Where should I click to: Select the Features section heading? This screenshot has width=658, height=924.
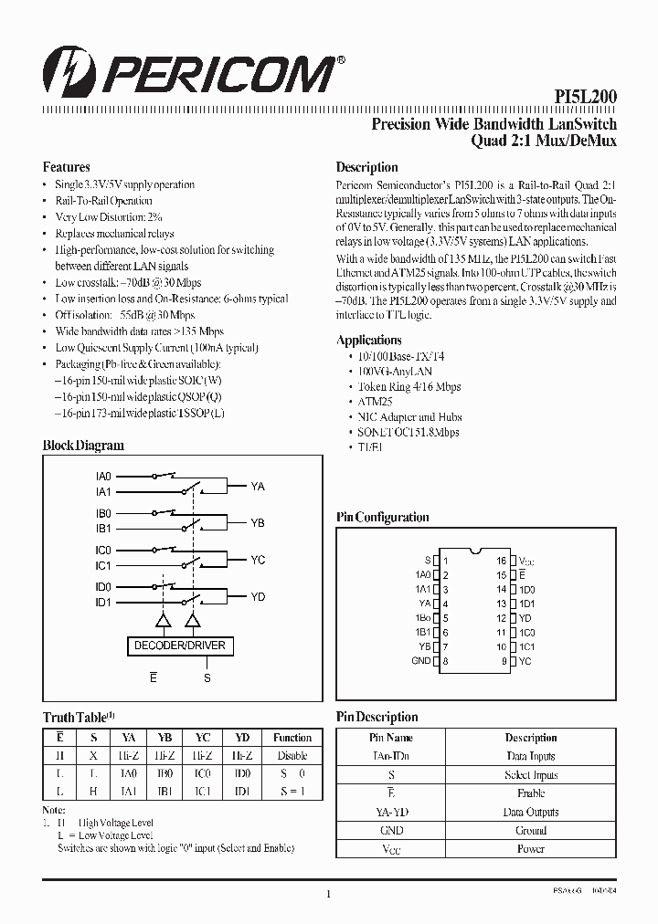coord(67,167)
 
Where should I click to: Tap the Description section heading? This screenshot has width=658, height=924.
coord(366,167)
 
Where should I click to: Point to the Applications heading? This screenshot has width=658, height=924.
coord(369,340)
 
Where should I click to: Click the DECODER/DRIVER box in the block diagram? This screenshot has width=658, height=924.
coord(179,646)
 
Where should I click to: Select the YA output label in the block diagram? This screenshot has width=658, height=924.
coord(258,487)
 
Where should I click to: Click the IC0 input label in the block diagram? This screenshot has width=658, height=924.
coord(103,551)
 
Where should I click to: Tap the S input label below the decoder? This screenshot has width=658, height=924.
coord(207,678)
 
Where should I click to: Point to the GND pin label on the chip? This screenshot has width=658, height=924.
coord(420,661)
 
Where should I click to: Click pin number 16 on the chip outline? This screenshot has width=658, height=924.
coord(502,561)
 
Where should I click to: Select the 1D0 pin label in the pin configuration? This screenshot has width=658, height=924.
coord(527,590)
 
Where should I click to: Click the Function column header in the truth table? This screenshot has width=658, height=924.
coord(292,737)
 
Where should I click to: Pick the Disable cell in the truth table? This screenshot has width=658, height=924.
coord(292,755)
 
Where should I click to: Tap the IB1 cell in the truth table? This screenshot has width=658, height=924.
coord(164,792)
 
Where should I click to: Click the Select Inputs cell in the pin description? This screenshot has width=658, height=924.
coord(531,775)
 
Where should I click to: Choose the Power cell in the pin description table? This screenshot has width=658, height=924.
coord(531,849)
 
